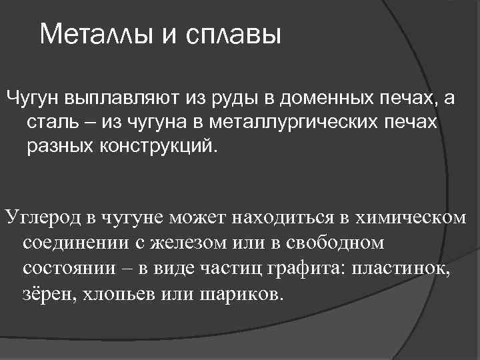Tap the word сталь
point(52,123)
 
